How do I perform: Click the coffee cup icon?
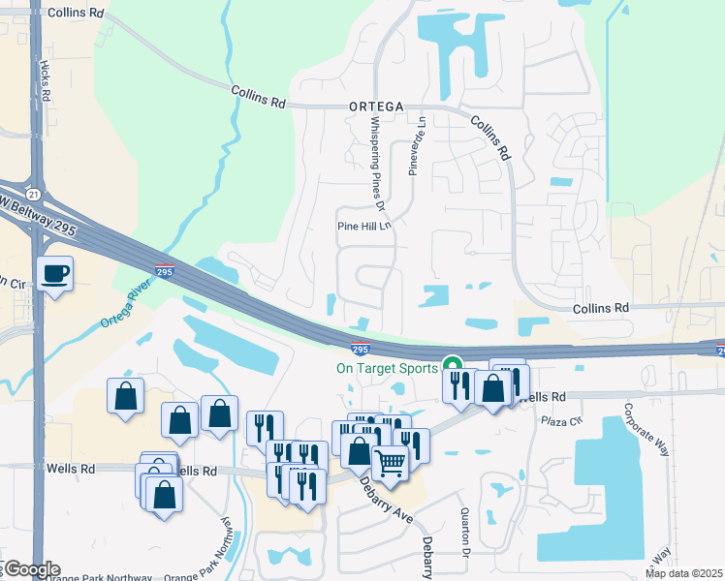click(54, 274)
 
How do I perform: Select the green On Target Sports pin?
click(452, 366)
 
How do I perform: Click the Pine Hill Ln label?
click(362, 226)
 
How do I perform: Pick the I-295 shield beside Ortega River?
click(165, 272)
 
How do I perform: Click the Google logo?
click(31, 569)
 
